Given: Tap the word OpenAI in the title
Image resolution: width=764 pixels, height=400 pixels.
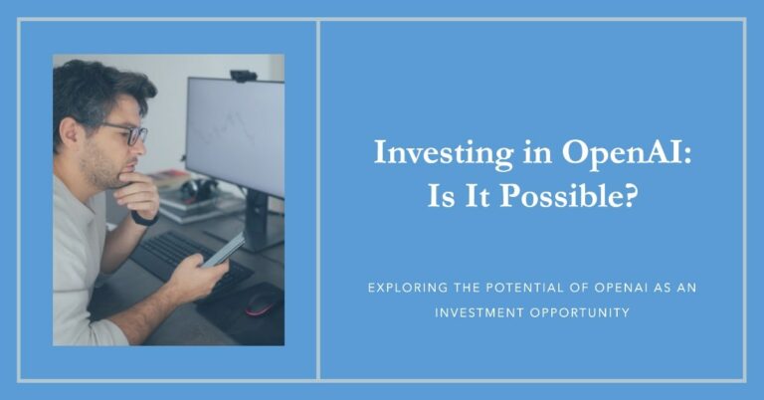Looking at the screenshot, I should [x=578, y=154].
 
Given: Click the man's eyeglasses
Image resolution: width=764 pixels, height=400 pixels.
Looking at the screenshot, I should [x=127, y=132].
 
